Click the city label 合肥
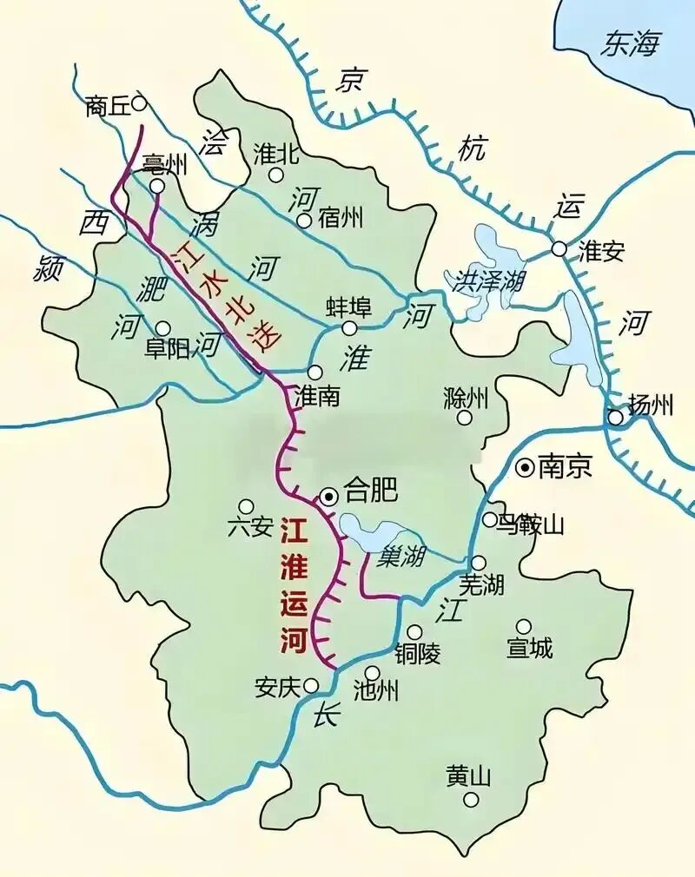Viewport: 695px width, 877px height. [371, 492]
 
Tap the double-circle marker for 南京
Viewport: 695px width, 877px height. [525, 468]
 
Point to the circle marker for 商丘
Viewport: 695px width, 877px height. [138, 103]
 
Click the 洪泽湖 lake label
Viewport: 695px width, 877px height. [481, 280]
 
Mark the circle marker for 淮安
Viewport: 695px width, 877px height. [559, 249]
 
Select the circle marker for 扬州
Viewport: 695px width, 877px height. [615, 418]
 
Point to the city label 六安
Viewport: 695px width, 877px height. [249, 527]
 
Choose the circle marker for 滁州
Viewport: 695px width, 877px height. [465, 418]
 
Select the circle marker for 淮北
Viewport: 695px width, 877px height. [275, 175]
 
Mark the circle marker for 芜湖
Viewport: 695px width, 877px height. [478, 563]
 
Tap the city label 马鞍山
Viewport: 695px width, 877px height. [532, 524]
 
